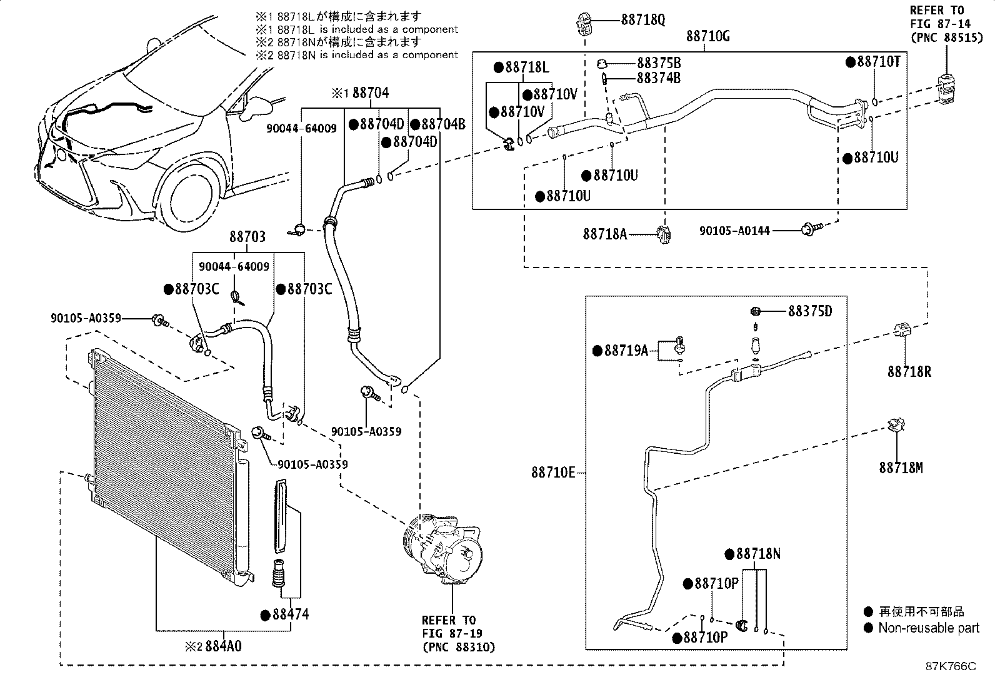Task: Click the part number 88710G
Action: [707, 36]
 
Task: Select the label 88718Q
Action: [642, 20]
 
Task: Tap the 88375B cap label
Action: [658, 63]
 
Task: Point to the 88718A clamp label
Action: [604, 234]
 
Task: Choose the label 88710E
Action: [552, 473]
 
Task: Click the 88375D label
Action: [809, 311]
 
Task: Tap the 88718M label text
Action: [900, 468]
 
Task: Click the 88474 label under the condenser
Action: [290, 614]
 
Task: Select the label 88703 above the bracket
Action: [247, 237]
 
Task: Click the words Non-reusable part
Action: [928, 628]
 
